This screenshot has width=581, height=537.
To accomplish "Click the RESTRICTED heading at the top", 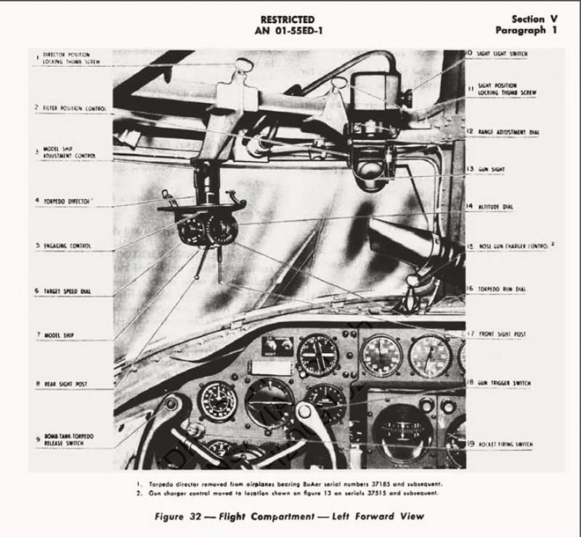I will [288, 19].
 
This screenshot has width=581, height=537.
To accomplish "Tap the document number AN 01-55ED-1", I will [288, 31].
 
